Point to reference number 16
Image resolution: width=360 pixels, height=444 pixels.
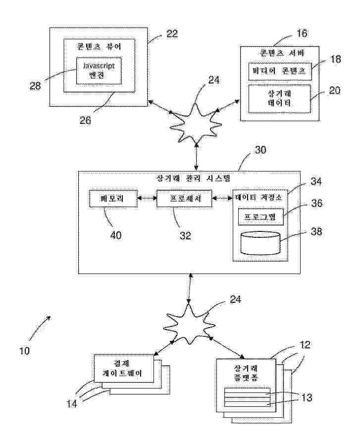point(302,33)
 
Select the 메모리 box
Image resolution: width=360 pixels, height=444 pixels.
point(113,198)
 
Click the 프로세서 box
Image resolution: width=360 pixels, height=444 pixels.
point(184,198)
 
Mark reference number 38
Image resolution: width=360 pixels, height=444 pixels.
point(316,231)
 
